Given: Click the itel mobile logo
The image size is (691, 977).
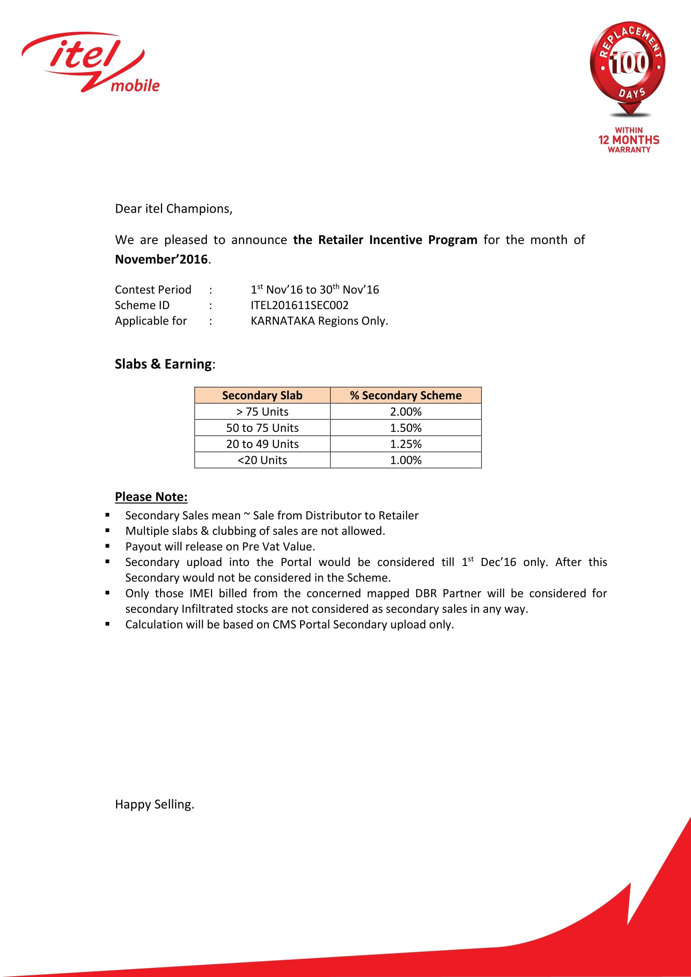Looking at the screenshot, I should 91,62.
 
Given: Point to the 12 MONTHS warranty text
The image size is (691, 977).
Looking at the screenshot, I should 628,140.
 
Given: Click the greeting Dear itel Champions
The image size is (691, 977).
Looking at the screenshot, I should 174,209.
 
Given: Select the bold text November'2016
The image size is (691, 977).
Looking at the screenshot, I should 162,259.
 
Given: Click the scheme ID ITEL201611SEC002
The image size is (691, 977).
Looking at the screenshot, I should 299,305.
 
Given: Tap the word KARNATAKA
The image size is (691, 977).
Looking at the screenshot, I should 282,321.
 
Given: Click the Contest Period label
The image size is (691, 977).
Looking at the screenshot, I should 153,290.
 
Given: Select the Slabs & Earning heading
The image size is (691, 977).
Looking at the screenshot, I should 165,364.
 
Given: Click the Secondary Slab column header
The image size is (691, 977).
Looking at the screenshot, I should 262,395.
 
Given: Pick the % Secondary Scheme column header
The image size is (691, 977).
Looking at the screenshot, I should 406,395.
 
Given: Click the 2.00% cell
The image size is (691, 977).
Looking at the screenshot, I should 406,411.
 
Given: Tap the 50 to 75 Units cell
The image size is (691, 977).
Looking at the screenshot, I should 262,428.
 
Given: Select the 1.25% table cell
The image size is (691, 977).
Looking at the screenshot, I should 406,444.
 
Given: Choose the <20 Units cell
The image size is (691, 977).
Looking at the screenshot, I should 262,460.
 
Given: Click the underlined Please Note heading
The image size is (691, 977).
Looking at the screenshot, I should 151,497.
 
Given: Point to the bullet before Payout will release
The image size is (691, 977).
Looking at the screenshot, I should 108,546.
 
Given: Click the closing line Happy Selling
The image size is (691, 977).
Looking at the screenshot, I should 155,804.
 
